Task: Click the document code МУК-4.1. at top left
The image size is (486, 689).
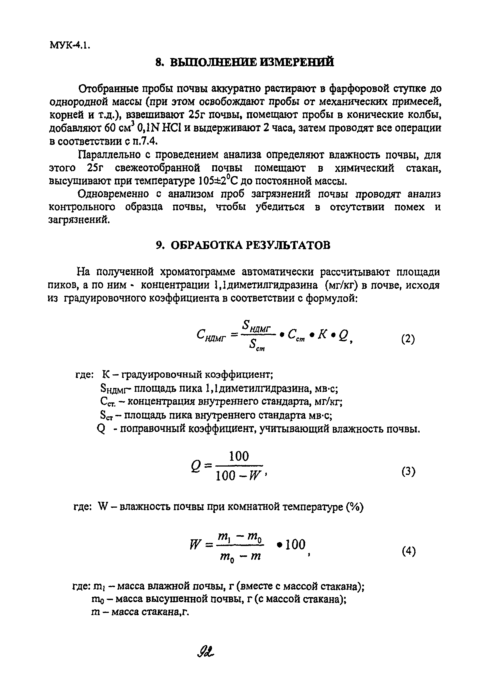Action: coord(69,46)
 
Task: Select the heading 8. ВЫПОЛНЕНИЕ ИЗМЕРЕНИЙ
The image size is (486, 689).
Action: coord(245,62)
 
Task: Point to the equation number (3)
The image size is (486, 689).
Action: coord(408,472)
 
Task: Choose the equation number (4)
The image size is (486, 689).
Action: coord(408,552)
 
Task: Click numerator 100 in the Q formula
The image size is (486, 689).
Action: coord(239,457)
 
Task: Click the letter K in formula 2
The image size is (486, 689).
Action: coord(322,334)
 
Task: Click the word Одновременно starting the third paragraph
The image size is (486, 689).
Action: coord(113,194)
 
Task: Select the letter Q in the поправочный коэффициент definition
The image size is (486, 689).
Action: coord(101,430)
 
